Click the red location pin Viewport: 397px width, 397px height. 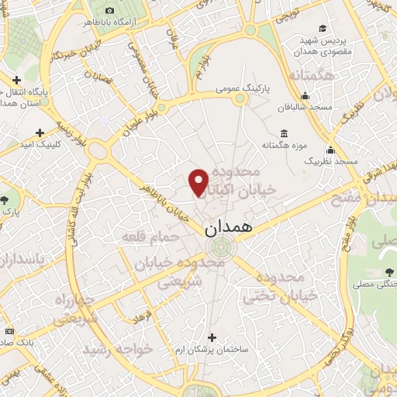199,182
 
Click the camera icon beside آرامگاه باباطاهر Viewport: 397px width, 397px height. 109,10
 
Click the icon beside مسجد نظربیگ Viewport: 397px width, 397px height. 330,150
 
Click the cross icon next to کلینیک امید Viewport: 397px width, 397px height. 40,133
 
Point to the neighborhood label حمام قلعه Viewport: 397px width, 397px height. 149,236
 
